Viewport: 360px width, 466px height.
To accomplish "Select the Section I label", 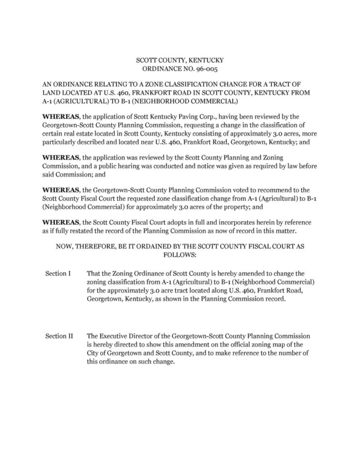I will click(58, 274).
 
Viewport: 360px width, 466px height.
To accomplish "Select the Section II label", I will click(59, 336).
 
